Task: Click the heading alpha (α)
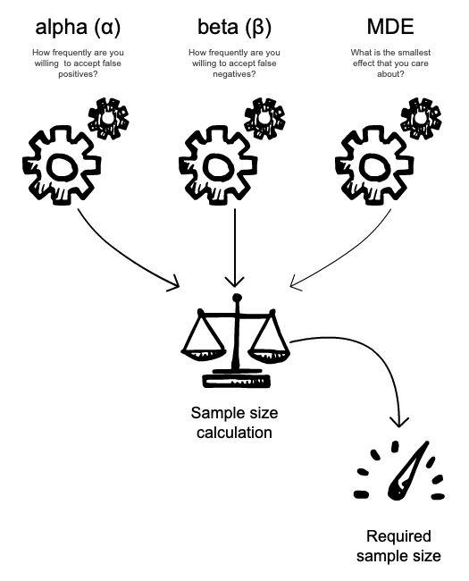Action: coord(78,27)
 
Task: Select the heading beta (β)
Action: coord(234,27)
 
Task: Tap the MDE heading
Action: coord(390,27)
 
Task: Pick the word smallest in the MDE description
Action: coord(413,53)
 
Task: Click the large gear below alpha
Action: coord(62,165)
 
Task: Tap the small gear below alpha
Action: coord(108,119)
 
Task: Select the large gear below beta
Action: coord(218,165)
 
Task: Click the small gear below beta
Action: coord(264,119)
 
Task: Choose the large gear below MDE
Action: coord(374,165)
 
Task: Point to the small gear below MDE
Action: coord(421,119)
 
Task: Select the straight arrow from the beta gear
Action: coord(235,248)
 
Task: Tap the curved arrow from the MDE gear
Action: coord(348,256)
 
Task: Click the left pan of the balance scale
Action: coord(203,354)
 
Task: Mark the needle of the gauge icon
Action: coord(407,471)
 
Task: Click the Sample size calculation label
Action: coord(234,423)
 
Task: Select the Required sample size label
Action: coord(398,546)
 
